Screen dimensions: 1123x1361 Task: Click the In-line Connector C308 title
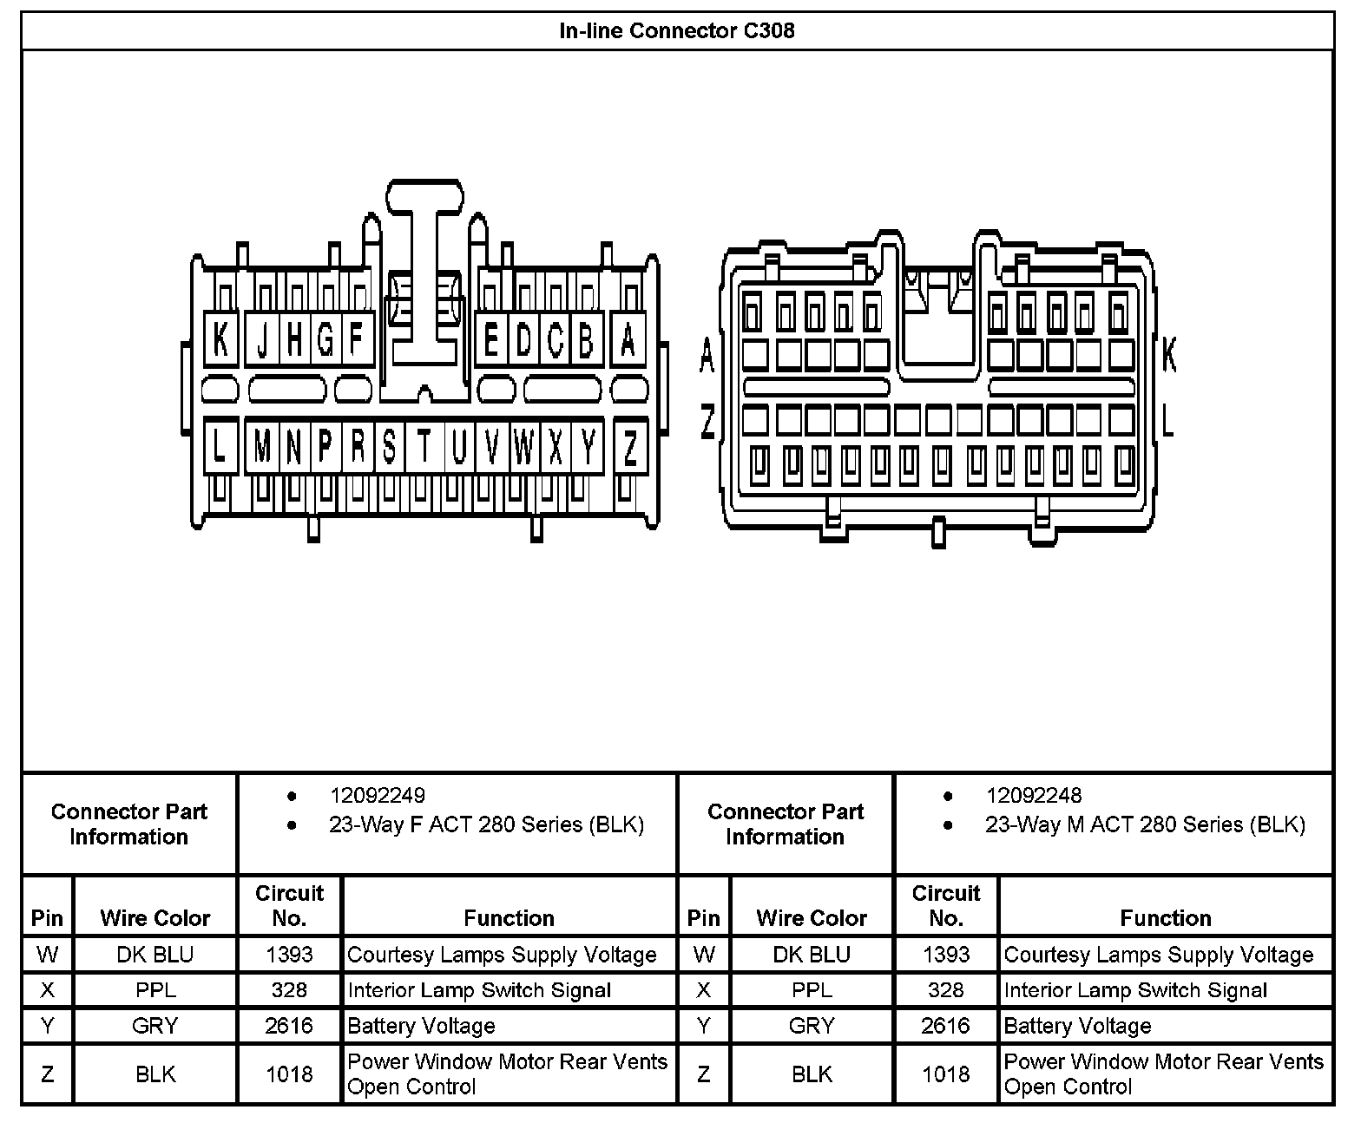677,31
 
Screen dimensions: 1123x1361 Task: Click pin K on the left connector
220,339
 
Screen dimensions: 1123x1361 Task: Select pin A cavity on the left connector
628,339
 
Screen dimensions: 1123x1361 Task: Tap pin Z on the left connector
631,448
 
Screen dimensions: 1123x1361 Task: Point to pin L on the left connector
220,448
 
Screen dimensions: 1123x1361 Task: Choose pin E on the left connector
491,339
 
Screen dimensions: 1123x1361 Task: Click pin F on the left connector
356,339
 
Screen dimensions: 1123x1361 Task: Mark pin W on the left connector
523,448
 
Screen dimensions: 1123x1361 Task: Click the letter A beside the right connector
707,356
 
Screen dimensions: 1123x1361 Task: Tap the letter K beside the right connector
1168,356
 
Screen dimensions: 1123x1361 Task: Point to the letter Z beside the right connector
707,423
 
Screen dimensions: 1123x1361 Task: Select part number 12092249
377,795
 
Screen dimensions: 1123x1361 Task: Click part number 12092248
1033,795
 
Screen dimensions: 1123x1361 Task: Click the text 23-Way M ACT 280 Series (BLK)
1145,824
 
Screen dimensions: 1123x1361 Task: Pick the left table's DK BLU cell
155,955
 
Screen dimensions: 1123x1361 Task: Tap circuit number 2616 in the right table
945,1026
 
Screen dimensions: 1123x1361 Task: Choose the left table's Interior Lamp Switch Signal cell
479,990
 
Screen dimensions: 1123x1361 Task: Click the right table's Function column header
1165,918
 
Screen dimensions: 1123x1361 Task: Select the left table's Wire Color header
155,918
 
